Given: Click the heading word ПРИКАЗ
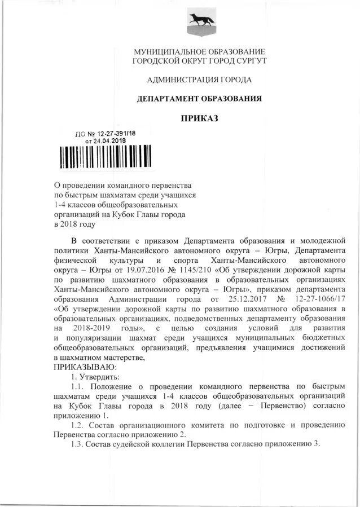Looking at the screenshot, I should tap(198, 118).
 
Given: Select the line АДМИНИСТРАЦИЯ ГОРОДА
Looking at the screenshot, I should tap(199, 79).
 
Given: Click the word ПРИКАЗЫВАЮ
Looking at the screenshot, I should tap(85, 367).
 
